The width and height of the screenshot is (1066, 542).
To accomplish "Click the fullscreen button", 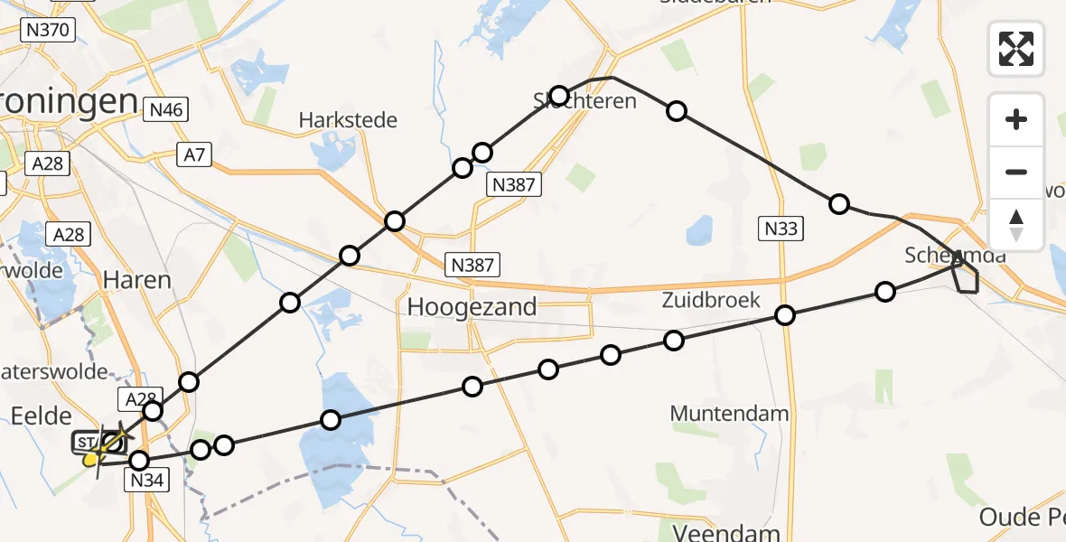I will [1016, 48].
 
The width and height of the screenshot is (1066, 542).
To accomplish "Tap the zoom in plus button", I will [1016, 119].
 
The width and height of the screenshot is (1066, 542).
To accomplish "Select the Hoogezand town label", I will [472, 306].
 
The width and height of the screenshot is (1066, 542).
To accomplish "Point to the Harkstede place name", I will [349, 120].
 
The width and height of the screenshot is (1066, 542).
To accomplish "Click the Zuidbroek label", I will [710, 300].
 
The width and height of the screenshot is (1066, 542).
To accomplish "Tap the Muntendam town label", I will [729, 414].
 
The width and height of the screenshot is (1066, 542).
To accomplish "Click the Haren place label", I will [137, 280].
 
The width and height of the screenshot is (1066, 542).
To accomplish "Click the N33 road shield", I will [781, 229].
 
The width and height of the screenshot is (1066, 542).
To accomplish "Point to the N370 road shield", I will [47, 30].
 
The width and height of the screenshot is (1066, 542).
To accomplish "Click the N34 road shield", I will [145, 481].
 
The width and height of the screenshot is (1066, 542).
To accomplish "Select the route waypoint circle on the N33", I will [785, 315].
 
